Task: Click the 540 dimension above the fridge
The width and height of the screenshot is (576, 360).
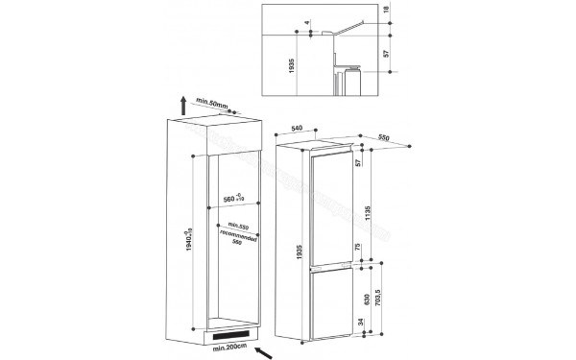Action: coord(297,127)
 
